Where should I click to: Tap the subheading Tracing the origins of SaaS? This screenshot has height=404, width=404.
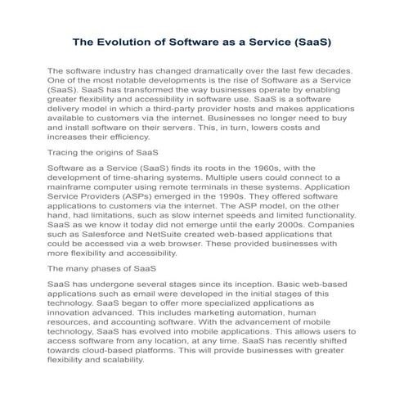102,153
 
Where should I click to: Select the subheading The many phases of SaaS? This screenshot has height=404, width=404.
97,267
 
